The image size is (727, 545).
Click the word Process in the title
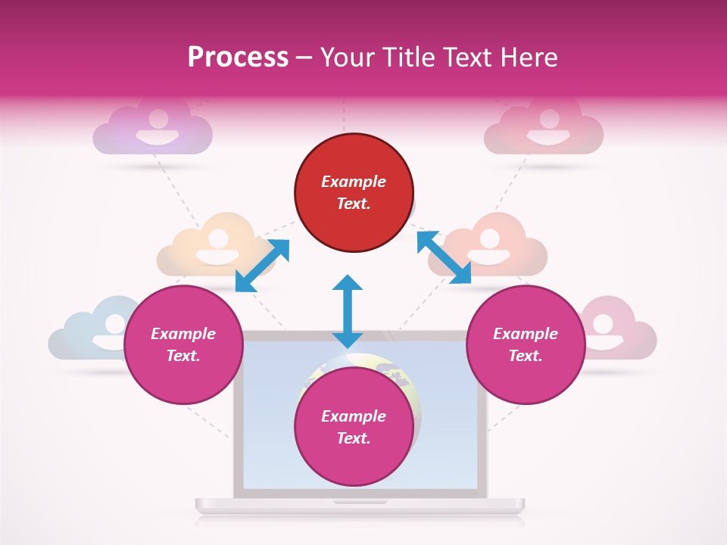238,58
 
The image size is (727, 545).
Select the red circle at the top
354,193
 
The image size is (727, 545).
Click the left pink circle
183,345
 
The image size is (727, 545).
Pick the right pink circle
526,345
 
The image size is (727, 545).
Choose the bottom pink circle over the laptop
354,427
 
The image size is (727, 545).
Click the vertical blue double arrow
348,311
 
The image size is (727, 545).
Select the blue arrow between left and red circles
262,266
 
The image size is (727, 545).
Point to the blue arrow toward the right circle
444,257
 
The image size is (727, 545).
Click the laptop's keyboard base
360,504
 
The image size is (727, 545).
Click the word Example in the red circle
354,182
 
